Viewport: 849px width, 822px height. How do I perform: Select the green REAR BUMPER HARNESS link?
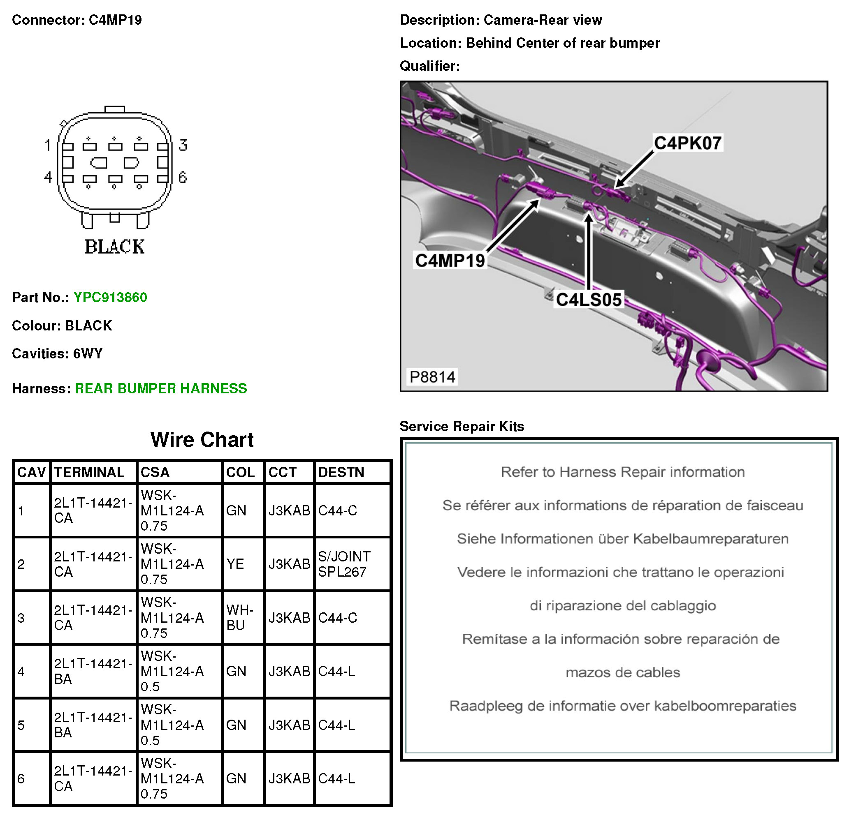click(161, 388)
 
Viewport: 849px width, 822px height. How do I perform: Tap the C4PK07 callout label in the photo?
click(687, 143)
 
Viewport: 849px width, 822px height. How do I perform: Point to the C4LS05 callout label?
click(589, 300)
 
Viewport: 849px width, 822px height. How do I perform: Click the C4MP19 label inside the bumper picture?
click(450, 261)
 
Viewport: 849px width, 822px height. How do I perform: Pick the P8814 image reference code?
click(432, 377)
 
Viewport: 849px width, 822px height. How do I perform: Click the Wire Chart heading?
click(202, 440)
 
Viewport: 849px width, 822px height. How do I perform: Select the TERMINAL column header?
click(89, 472)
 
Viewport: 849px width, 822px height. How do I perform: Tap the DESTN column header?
click(341, 472)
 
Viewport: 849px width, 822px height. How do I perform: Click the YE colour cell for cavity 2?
click(235, 564)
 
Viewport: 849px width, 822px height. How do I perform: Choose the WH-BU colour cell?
click(239, 618)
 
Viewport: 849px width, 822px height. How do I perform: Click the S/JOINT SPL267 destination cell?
click(344, 564)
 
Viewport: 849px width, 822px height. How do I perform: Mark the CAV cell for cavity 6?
click(21, 779)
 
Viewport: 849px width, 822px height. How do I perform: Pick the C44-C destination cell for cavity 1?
click(338, 511)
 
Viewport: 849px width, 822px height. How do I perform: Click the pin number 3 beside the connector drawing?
click(183, 145)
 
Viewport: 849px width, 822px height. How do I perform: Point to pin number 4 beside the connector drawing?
click(48, 177)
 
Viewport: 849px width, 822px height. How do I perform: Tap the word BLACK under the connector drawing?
click(115, 247)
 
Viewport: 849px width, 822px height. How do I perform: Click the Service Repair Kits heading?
click(462, 426)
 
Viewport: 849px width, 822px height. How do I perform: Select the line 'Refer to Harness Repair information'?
click(622, 472)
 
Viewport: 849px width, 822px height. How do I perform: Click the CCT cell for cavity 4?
click(289, 671)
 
